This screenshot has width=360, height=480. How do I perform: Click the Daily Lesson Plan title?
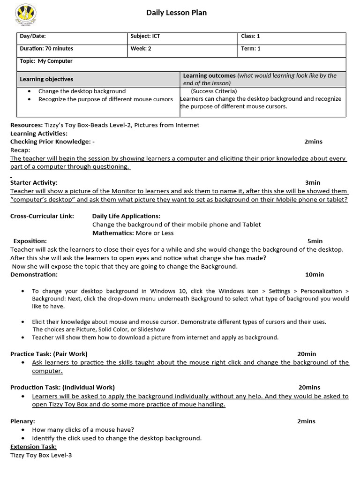coord(176,13)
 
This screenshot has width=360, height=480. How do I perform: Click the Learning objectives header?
coord(46,79)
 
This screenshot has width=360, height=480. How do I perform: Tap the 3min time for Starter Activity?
coord(312,182)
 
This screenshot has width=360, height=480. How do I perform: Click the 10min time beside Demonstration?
coord(314,274)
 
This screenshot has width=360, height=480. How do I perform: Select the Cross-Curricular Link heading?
coord(42,216)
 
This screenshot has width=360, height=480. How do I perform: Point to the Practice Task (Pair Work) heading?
coord(49,354)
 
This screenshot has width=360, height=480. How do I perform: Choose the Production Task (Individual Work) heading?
coord(62,387)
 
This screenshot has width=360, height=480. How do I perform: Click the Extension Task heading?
coord(33,447)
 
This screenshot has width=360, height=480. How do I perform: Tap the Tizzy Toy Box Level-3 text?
coord(41,455)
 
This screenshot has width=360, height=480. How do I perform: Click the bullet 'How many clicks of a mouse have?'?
coord(83,429)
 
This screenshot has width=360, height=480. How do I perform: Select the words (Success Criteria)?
coord(214,91)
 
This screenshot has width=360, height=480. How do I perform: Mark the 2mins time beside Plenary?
coord(306,421)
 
